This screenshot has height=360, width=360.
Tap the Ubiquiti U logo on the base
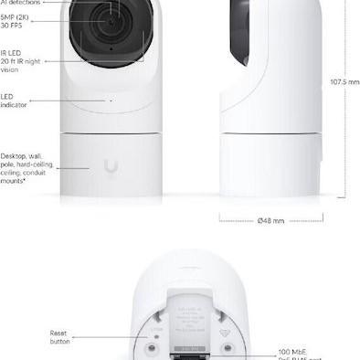[x=111, y=167]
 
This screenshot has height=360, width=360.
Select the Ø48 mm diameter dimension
[x=271, y=220]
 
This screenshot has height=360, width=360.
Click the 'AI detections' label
[x=19, y=3]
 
